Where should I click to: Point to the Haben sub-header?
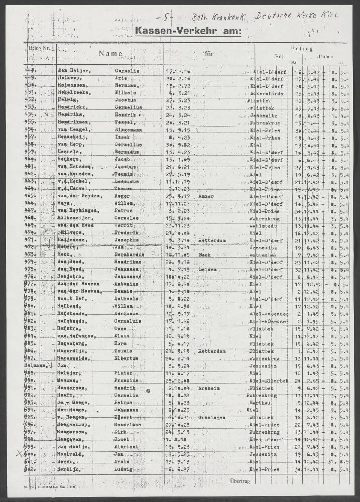pyautogui.click(x=325, y=56)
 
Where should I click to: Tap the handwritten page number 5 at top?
pyautogui.click(x=165, y=19)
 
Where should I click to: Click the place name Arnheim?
pyautogui.click(x=208, y=388)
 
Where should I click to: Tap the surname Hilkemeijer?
pyautogui.click(x=75, y=218)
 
